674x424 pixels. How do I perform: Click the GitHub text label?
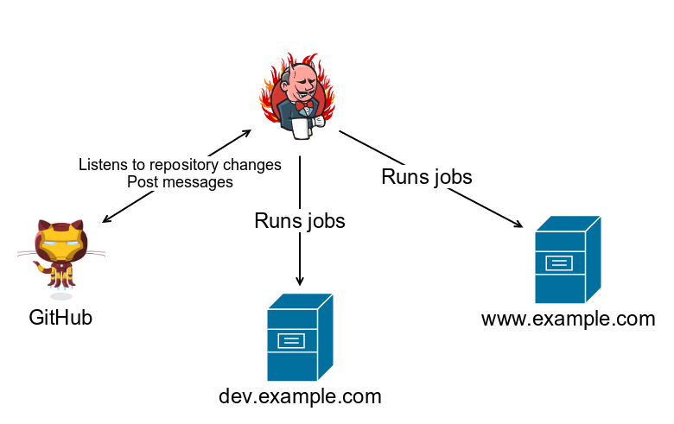click(60, 318)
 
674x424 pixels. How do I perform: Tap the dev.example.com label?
click(300, 396)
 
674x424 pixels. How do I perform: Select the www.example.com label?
click(569, 319)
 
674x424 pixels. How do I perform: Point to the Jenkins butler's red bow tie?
click(304, 105)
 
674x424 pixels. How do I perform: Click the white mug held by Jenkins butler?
click(302, 128)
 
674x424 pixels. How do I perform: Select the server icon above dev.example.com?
click(300, 338)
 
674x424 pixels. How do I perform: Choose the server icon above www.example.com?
click(568, 259)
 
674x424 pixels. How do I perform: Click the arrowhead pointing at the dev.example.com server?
click(300, 281)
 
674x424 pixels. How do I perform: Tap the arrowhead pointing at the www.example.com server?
click(518, 224)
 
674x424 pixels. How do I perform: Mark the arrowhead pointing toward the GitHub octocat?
click(106, 219)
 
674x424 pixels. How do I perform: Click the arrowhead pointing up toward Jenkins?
click(246, 133)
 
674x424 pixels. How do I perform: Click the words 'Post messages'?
click(180, 182)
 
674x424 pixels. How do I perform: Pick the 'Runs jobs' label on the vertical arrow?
click(300, 221)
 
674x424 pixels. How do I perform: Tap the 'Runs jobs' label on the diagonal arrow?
click(427, 177)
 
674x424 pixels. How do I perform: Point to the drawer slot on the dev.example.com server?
click(291, 340)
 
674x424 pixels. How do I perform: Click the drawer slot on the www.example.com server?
click(559, 263)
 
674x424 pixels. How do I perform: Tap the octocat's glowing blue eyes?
click(60, 244)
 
